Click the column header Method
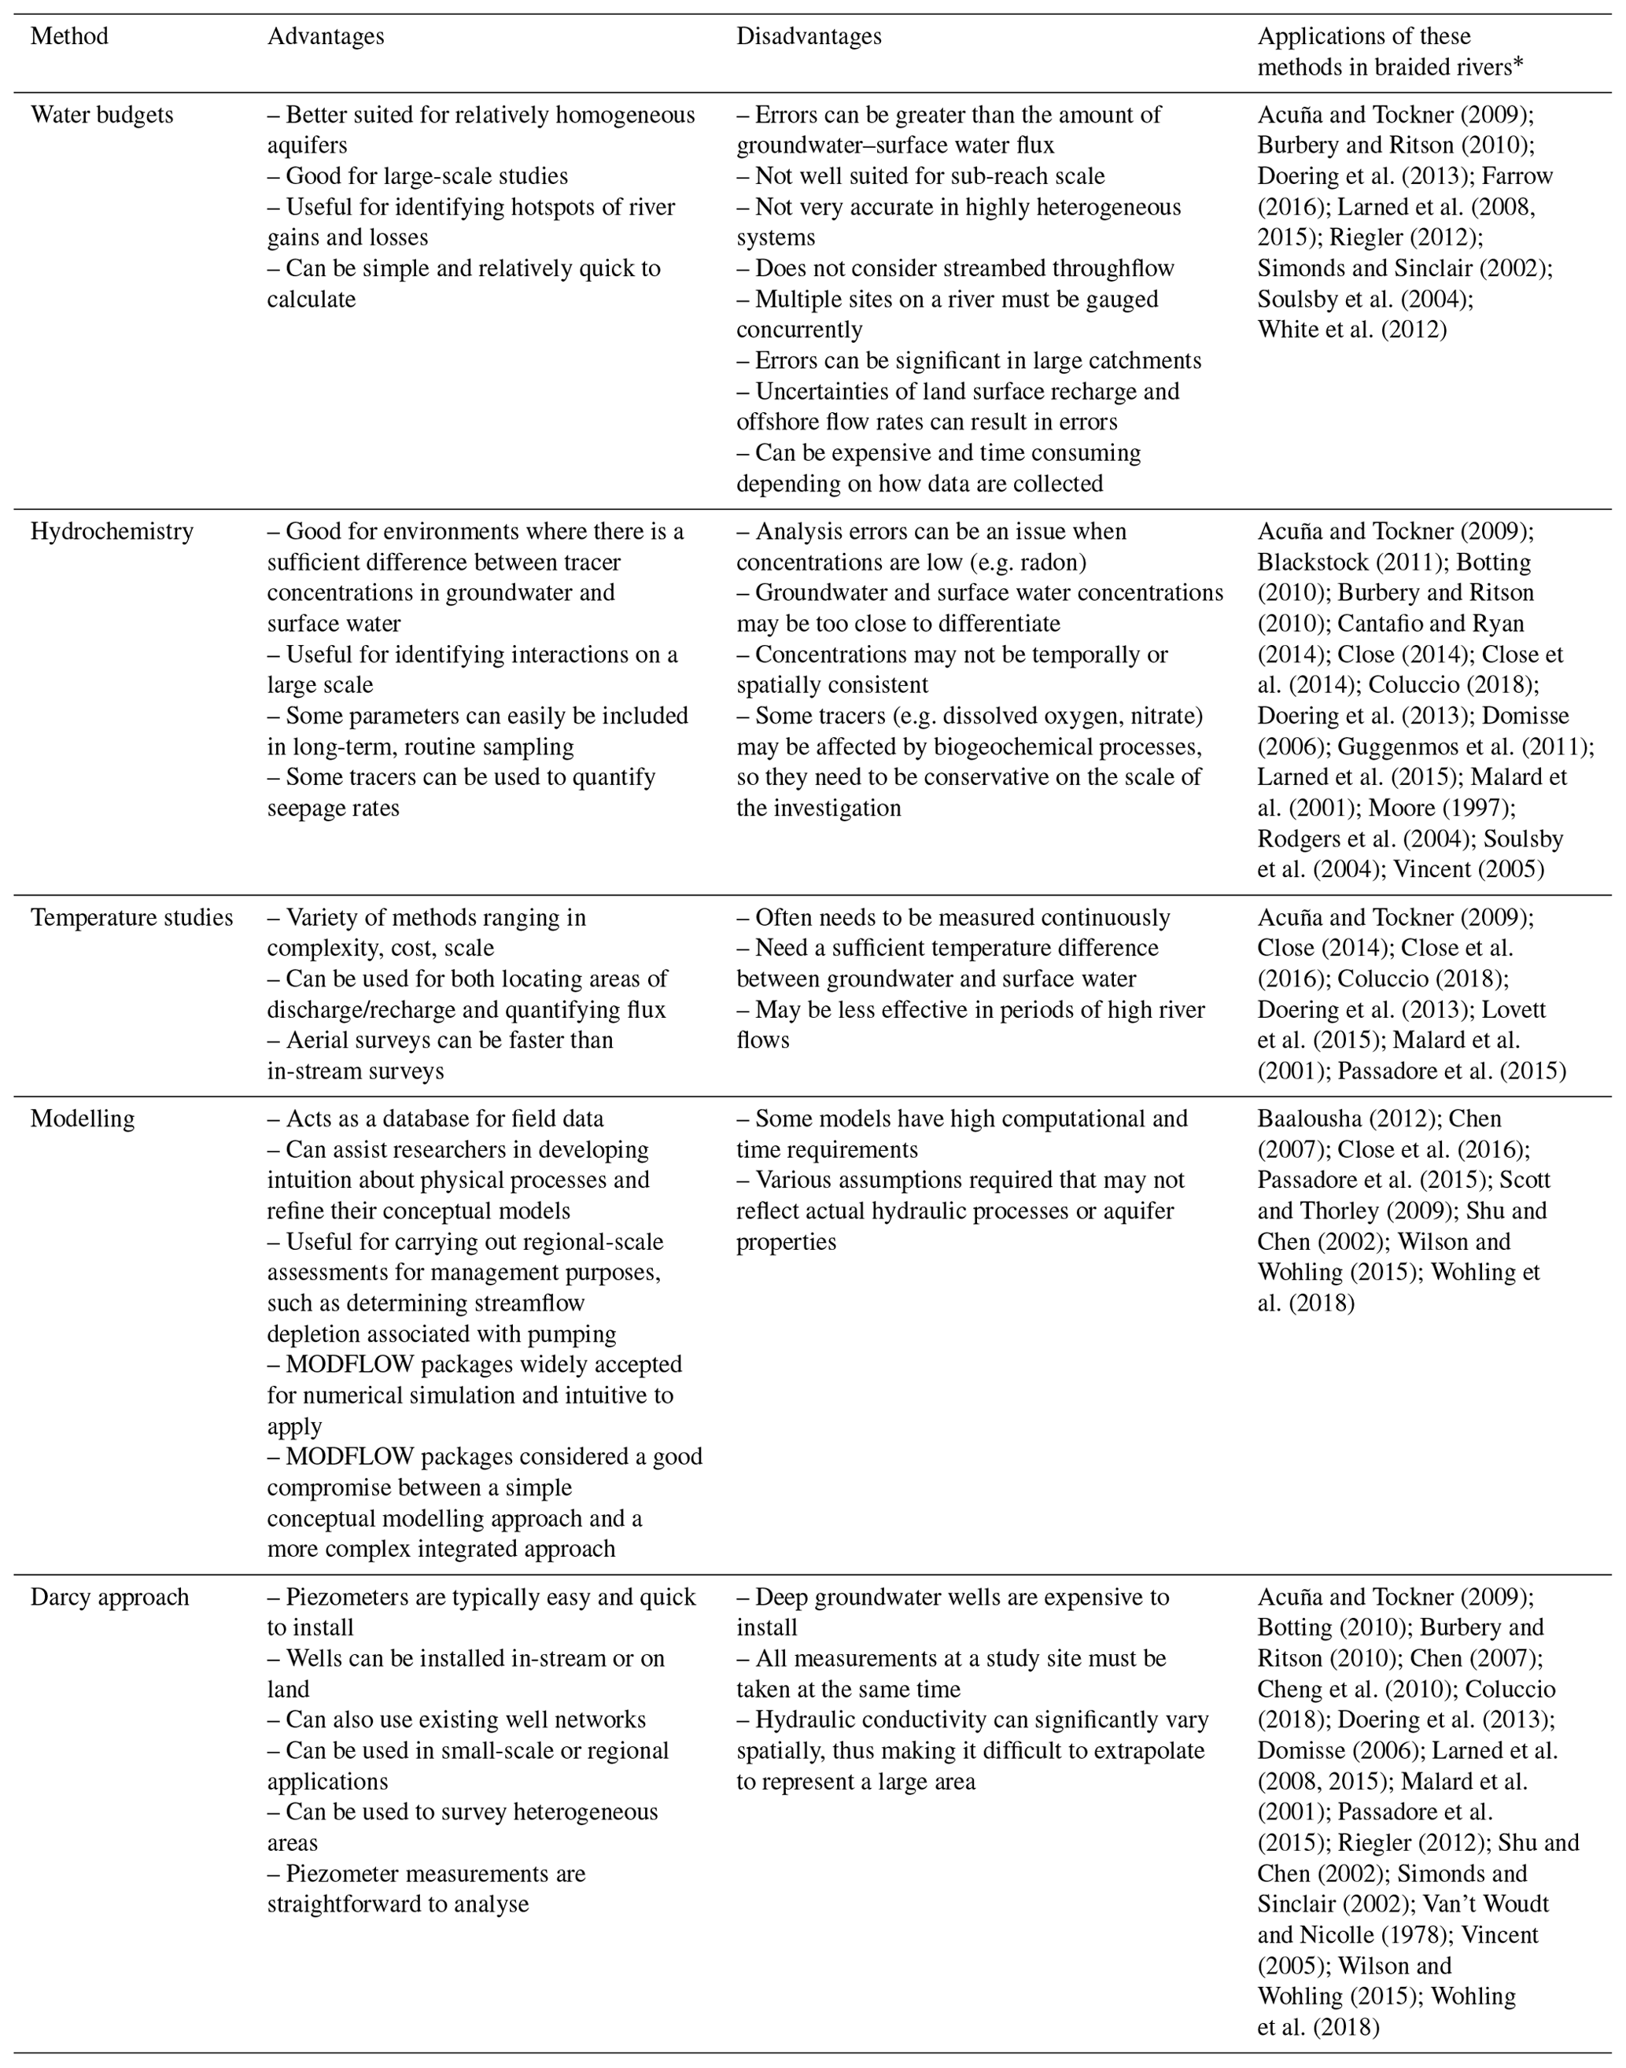coord(69,36)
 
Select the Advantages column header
coord(326,36)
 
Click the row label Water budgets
coord(101,115)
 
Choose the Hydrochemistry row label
coord(112,531)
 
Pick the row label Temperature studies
coord(131,917)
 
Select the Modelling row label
coord(82,1119)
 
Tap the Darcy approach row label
coord(109,1597)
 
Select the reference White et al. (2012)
coord(1351,330)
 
